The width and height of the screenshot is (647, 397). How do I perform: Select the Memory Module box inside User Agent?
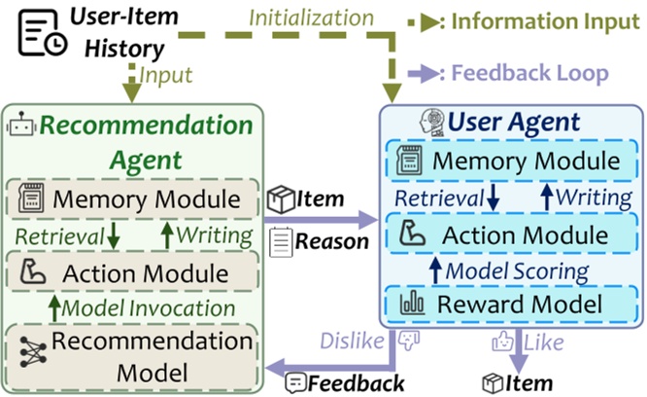(x=512, y=161)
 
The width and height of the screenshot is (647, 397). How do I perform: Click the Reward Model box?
(x=512, y=306)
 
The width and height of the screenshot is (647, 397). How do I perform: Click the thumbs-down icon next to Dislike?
(x=405, y=342)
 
